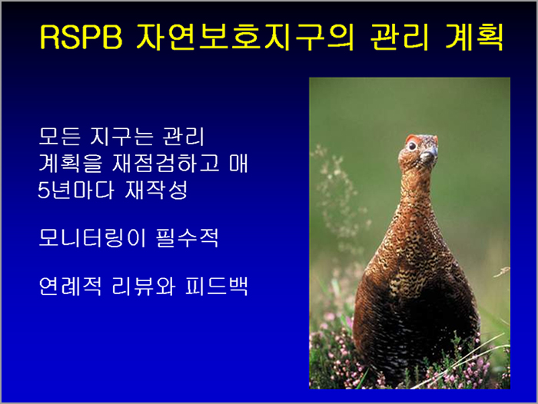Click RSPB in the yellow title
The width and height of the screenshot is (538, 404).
81,37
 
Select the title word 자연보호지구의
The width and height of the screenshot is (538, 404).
245,37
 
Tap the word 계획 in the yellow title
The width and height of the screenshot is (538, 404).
474,37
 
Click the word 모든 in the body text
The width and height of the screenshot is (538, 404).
59,136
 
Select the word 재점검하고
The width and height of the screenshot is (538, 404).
165,163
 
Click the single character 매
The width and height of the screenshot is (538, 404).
238,163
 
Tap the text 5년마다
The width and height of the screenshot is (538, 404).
76,190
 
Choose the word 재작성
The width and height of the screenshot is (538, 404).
157,190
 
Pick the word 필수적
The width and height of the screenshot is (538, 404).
187,237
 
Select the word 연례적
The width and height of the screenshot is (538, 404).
70,286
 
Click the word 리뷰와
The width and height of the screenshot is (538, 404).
144,286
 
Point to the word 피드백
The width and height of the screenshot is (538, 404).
216,286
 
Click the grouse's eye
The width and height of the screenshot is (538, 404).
412,147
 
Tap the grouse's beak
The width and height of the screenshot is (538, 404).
429,155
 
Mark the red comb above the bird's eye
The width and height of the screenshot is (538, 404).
412,138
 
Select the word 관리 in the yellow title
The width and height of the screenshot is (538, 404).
400,37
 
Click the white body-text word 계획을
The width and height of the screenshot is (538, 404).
70,163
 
